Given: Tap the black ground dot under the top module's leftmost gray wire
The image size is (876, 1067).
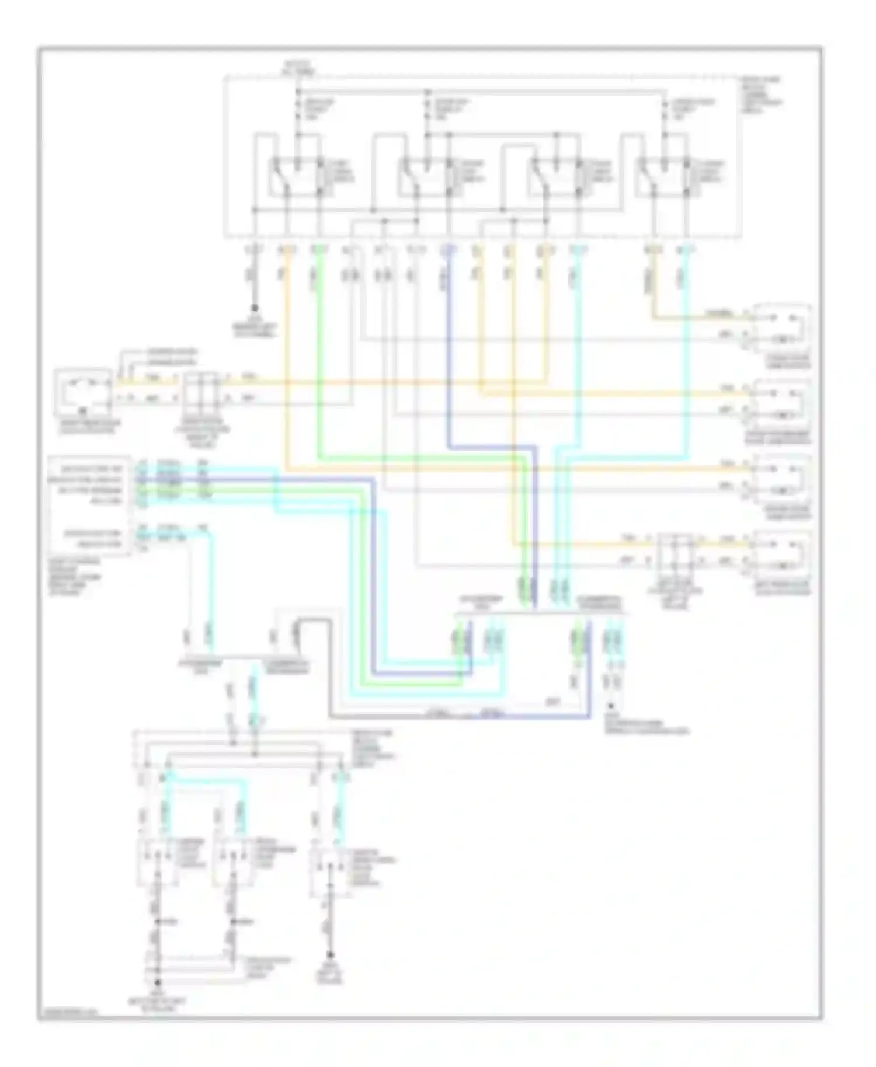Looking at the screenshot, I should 255,307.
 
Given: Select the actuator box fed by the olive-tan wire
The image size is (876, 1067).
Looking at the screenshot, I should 782,327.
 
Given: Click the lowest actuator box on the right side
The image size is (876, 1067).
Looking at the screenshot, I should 782,555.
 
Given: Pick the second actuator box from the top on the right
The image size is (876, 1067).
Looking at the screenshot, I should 782,403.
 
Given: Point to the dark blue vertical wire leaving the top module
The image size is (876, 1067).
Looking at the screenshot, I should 449,350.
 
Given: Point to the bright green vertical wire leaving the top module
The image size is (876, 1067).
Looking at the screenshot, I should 319,350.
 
